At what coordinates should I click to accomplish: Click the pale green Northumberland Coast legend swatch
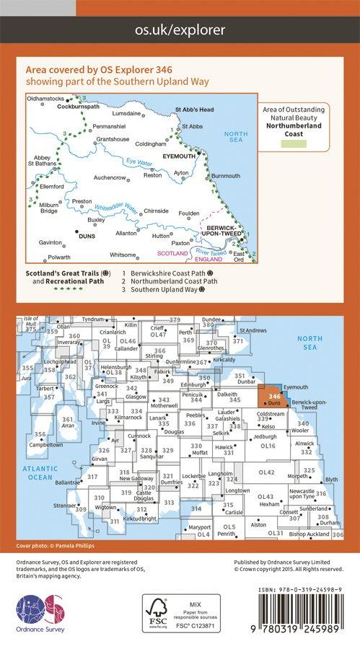click(298, 144)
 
